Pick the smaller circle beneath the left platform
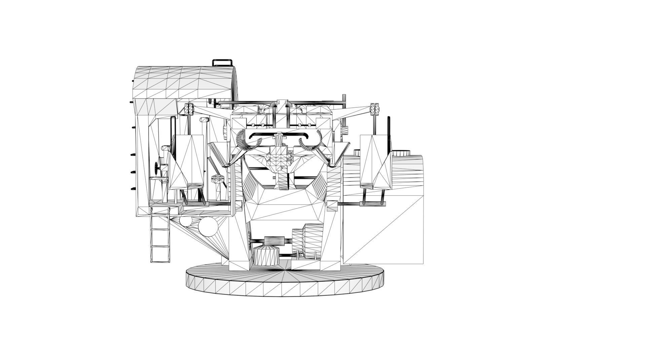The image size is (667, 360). pos(185,221)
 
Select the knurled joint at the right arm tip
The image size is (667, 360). pos(375,108)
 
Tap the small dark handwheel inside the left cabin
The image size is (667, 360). pos(157,167)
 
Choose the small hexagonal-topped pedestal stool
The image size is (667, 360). pos(217,179)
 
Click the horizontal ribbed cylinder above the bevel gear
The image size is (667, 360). pos(274,241)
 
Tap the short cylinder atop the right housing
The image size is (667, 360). pos(402,153)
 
